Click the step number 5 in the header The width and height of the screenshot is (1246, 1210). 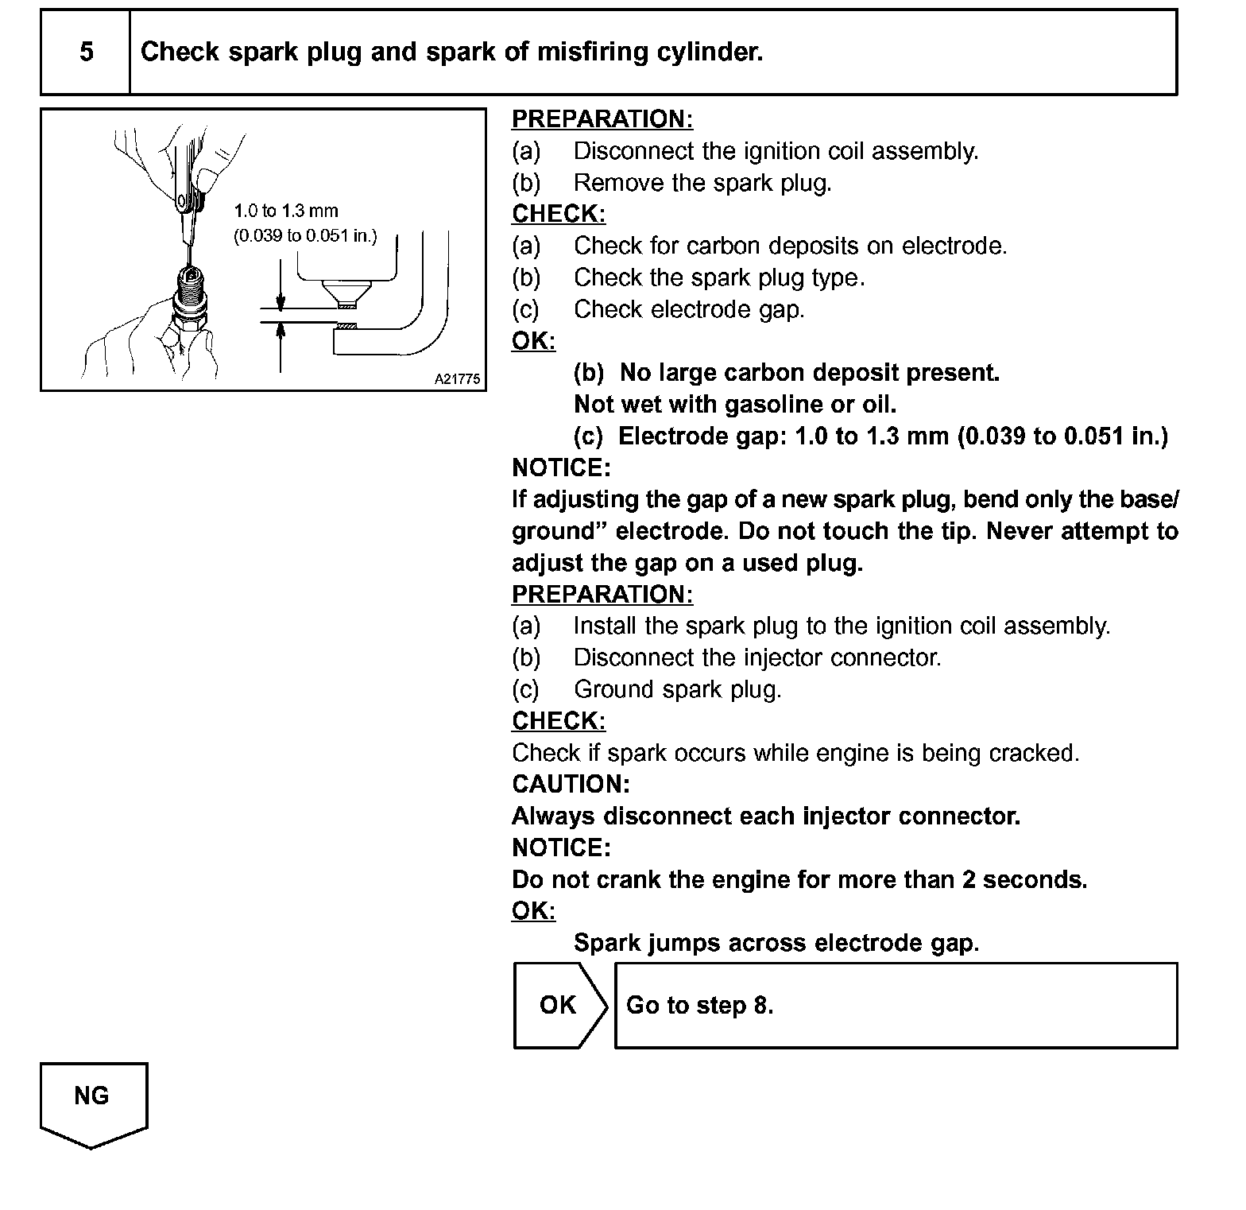click(x=86, y=52)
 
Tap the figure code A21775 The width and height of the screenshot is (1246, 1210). click(x=457, y=379)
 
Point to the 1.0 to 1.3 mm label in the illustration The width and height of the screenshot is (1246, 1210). click(x=286, y=211)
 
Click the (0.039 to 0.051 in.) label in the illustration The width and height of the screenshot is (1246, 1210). click(x=305, y=236)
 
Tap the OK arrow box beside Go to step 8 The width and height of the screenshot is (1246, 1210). click(x=559, y=1005)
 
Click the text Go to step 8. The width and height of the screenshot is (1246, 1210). click(x=699, y=1006)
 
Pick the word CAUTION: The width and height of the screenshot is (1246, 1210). click(x=571, y=785)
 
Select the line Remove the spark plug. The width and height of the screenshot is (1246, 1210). click(x=702, y=183)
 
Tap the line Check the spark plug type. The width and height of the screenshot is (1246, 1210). click(x=718, y=278)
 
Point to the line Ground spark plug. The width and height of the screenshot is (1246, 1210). click(x=677, y=689)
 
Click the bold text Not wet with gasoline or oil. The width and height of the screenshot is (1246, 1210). click(x=734, y=405)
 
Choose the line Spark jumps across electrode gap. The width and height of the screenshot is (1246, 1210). click(x=776, y=943)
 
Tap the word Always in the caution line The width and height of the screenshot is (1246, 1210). click(x=554, y=816)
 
